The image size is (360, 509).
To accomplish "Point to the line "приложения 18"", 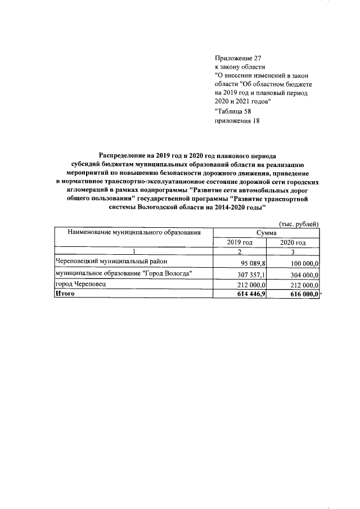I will [x=237, y=120].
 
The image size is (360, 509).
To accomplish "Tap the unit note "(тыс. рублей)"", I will [x=299, y=224].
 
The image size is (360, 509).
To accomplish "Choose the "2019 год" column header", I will [x=240, y=242].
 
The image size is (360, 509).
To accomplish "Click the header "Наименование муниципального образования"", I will [x=134, y=232].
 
